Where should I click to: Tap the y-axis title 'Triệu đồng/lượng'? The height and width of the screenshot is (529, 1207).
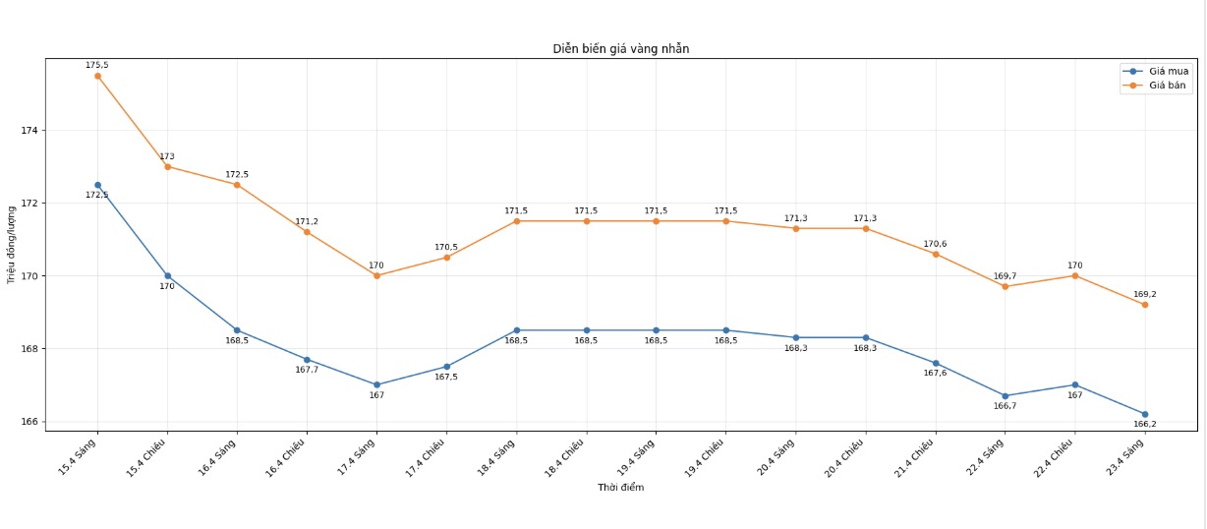click(12, 241)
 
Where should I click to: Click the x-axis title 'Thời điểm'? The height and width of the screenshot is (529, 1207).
click(621, 488)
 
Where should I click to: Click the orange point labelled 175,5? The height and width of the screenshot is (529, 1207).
click(97, 76)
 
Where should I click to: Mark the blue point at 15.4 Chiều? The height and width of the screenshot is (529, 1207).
click(167, 276)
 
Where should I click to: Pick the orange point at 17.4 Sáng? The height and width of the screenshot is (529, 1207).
click(376, 275)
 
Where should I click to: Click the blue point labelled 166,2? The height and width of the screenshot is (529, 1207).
click(1144, 414)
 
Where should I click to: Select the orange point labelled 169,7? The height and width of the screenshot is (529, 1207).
click(1005, 286)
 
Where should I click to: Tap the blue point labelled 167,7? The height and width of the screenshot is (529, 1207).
click(307, 360)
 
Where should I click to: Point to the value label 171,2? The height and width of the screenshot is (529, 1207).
click(307, 222)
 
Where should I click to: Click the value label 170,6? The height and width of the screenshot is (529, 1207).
click(935, 244)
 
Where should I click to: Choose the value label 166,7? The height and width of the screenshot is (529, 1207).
click(1005, 405)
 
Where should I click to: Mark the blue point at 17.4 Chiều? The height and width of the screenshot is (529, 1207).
click(446, 367)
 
